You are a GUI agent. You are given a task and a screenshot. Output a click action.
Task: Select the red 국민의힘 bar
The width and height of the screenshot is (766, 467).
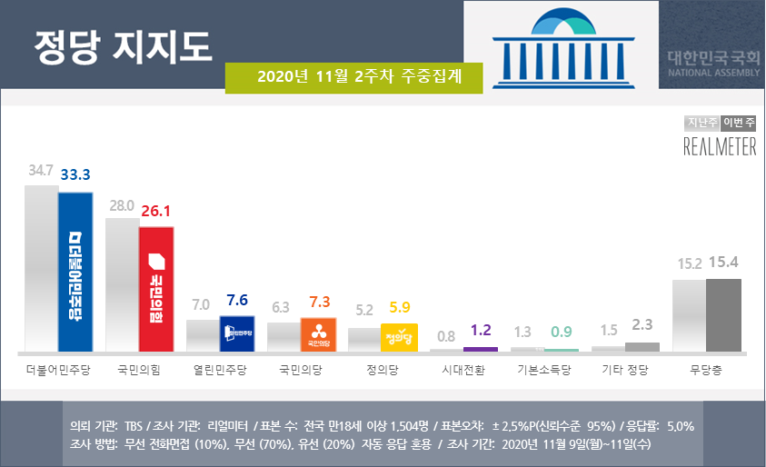click(x=156, y=289)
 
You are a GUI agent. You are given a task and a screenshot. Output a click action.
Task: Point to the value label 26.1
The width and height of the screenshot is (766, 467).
click(x=154, y=210)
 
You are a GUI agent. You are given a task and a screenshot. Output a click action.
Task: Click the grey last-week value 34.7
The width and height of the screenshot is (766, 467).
click(x=41, y=170)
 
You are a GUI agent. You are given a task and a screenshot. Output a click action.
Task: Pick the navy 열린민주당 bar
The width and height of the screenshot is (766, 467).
click(x=237, y=333)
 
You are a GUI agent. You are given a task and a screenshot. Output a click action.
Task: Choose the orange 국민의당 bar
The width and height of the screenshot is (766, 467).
click(x=318, y=334)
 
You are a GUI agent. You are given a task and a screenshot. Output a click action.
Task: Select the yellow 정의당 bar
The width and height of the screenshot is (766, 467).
click(x=400, y=337)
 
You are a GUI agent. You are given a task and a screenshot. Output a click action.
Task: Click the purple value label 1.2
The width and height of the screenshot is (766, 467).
click(x=481, y=330)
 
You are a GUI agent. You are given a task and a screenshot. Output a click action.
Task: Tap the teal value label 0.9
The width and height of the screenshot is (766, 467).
click(x=561, y=332)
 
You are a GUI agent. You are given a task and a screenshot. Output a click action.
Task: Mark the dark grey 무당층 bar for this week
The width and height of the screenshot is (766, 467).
click(x=723, y=314)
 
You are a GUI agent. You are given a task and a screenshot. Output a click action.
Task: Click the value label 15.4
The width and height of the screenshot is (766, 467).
click(x=724, y=263)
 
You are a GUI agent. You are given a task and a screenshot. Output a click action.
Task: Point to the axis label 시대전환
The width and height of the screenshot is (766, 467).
click(x=463, y=371)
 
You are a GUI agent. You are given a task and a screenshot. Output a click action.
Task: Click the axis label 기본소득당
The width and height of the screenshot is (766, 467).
click(x=543, y=371)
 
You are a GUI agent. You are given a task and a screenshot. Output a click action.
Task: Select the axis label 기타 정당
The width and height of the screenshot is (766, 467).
click(x=625, y=371)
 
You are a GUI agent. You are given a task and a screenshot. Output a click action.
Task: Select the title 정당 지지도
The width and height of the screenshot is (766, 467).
click(x=122, y=43)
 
